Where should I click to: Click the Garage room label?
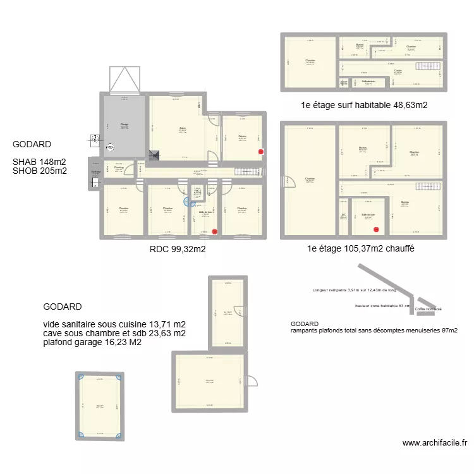pos(125,125)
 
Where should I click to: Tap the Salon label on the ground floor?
pos(183,129)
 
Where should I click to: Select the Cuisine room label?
pos(242,137)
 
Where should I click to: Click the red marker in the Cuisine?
pos(260,152)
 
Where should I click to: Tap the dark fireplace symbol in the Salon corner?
pos(154,155)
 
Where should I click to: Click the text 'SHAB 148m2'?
pos(39,162)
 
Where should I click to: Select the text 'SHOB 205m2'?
pos(39,171)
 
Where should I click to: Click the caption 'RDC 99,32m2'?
pos(178,250)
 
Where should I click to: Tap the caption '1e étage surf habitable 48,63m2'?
pos(365,106)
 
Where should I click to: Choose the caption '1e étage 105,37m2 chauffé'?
pos(360,250)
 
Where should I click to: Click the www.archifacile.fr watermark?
pos(435,444)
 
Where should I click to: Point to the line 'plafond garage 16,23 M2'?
pos(92,343)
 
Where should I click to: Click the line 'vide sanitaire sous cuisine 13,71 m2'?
pos(114,324)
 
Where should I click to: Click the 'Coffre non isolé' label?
pos(428,309)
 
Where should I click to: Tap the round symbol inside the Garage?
pos(111,150)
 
